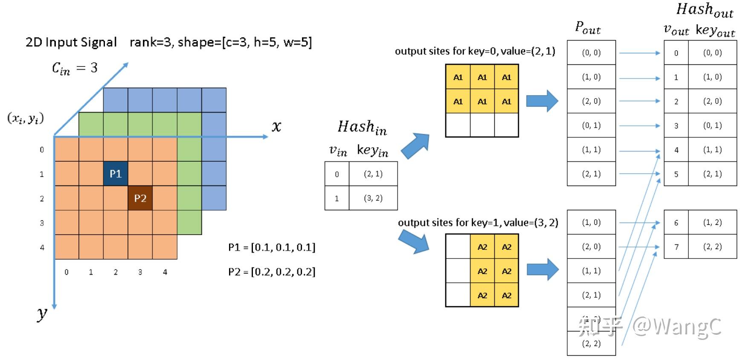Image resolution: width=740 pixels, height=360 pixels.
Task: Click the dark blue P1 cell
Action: tap(116, 174)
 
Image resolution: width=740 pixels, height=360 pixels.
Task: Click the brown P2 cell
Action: tap(140, 198)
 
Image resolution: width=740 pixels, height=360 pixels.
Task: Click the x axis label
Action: tap(276, 126)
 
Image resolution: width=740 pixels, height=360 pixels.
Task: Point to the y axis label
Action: tap(42, 314)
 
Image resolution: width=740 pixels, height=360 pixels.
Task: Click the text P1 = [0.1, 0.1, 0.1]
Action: tap(272, 247)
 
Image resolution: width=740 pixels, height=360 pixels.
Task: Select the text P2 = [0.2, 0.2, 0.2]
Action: tap(272, 272)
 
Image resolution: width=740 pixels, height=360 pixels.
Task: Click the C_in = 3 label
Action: tap(75, 68)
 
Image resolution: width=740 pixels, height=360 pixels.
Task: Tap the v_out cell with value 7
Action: tap(676, 247)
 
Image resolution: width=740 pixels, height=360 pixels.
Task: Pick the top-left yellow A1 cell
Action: tap(458, 77)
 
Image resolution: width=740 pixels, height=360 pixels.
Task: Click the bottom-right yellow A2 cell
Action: tap(506, 295)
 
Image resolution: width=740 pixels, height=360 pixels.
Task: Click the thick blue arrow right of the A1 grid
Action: tap(542, 101)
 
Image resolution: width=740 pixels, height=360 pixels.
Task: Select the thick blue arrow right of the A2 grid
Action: tap(543, 270)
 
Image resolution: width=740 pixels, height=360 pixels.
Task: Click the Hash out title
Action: tap(705, 10)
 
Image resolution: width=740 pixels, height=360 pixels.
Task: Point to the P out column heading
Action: tap(588, 28)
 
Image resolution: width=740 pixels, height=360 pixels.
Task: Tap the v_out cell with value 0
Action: tap(676, 53)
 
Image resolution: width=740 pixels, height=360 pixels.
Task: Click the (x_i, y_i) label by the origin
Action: tap(26, 119)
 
